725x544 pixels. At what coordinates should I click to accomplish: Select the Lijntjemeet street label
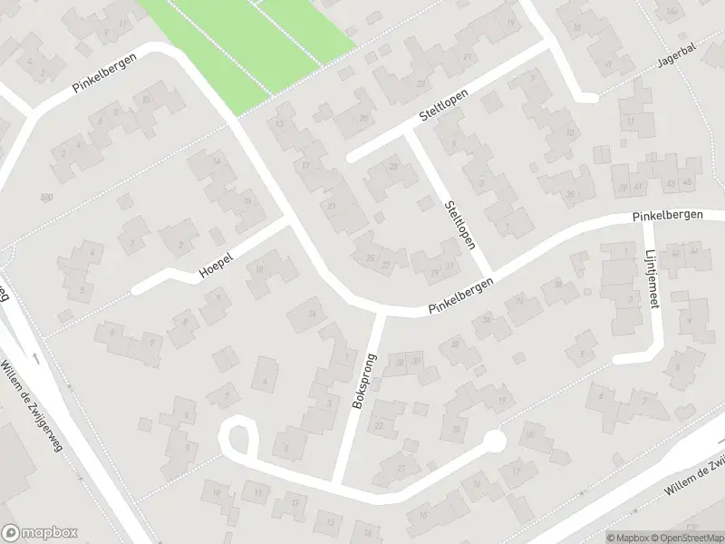651,268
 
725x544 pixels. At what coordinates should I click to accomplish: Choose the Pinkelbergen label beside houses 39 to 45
668,217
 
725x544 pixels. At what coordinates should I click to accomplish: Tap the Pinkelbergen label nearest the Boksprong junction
463,297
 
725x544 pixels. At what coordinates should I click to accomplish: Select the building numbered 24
313,314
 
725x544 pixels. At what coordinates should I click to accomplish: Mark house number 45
688,185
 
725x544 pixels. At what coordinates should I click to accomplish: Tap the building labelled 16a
671,11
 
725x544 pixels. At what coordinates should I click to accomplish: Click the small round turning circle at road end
493,442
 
